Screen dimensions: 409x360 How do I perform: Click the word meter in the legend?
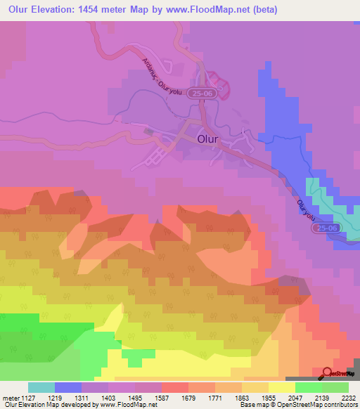click(x=10, y=397)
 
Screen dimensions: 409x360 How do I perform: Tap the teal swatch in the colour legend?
click(x=41, y=387)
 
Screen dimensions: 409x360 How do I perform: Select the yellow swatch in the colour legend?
click(x=281, y=387)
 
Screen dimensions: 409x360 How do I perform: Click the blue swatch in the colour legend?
click(x=68, y=387)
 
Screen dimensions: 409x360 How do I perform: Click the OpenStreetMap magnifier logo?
click(x=328, y=373)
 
